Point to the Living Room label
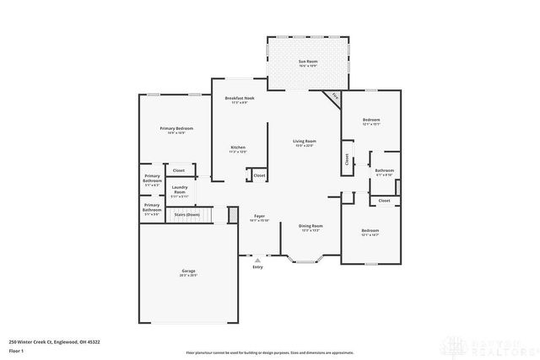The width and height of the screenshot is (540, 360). [305, 143]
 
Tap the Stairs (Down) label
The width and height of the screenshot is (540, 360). [186, 215]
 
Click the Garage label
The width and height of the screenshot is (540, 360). [188, 272]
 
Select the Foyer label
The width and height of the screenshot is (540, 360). [260, 218]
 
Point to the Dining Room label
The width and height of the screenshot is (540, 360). [310, 228]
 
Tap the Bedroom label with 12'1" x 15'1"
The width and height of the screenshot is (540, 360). [371, 121]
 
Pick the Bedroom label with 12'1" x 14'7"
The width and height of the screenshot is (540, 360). [370, 232]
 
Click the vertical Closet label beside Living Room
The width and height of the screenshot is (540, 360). [347, 159]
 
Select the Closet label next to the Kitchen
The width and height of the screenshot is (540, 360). [259, 175]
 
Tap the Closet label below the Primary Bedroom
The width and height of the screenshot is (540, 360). [179, 170]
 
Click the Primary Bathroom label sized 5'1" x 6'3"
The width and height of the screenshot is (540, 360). [152, 180]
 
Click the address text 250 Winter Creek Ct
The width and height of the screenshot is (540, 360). [42, 341]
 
